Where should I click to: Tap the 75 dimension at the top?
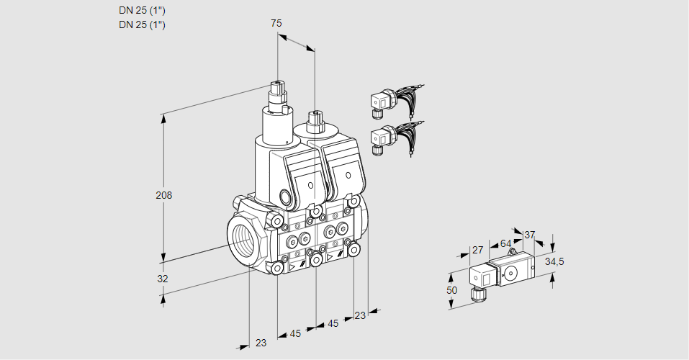click(x=276, y=23)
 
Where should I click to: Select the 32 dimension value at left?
click(x=163, y=279)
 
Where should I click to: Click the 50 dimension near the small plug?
click(x=451, y=289)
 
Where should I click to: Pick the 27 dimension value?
click(x=477, y=250)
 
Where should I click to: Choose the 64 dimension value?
click(x=505, y=243)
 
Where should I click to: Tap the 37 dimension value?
click(x=529, y=235)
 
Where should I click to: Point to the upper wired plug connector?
click(x=380, y=102)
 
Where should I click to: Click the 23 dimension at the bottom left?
click(x=261, y=343)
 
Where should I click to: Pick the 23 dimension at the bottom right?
click(x=360, y=315)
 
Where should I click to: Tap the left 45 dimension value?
click(x=295, y=333)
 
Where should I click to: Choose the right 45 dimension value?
click(x=333, y=323)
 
